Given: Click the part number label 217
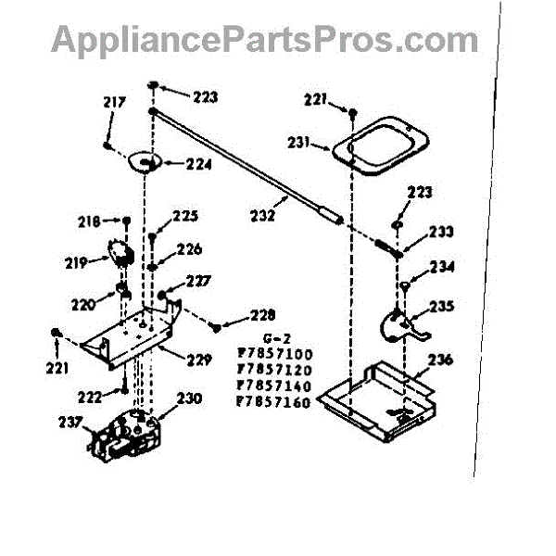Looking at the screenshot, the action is [x=114, y=103].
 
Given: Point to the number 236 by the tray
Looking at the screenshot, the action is [x=440, y=360].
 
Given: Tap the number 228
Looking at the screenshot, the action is [x=261, y=315].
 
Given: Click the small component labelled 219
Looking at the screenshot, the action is [x=120, y=253].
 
